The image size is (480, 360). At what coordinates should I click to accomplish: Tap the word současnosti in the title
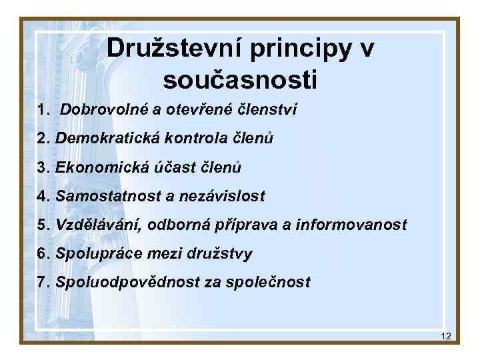(x=240, y=80)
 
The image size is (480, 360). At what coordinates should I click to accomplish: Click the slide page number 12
(x=446, y=336)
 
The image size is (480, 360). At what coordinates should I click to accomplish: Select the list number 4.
(x=43, y=196)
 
